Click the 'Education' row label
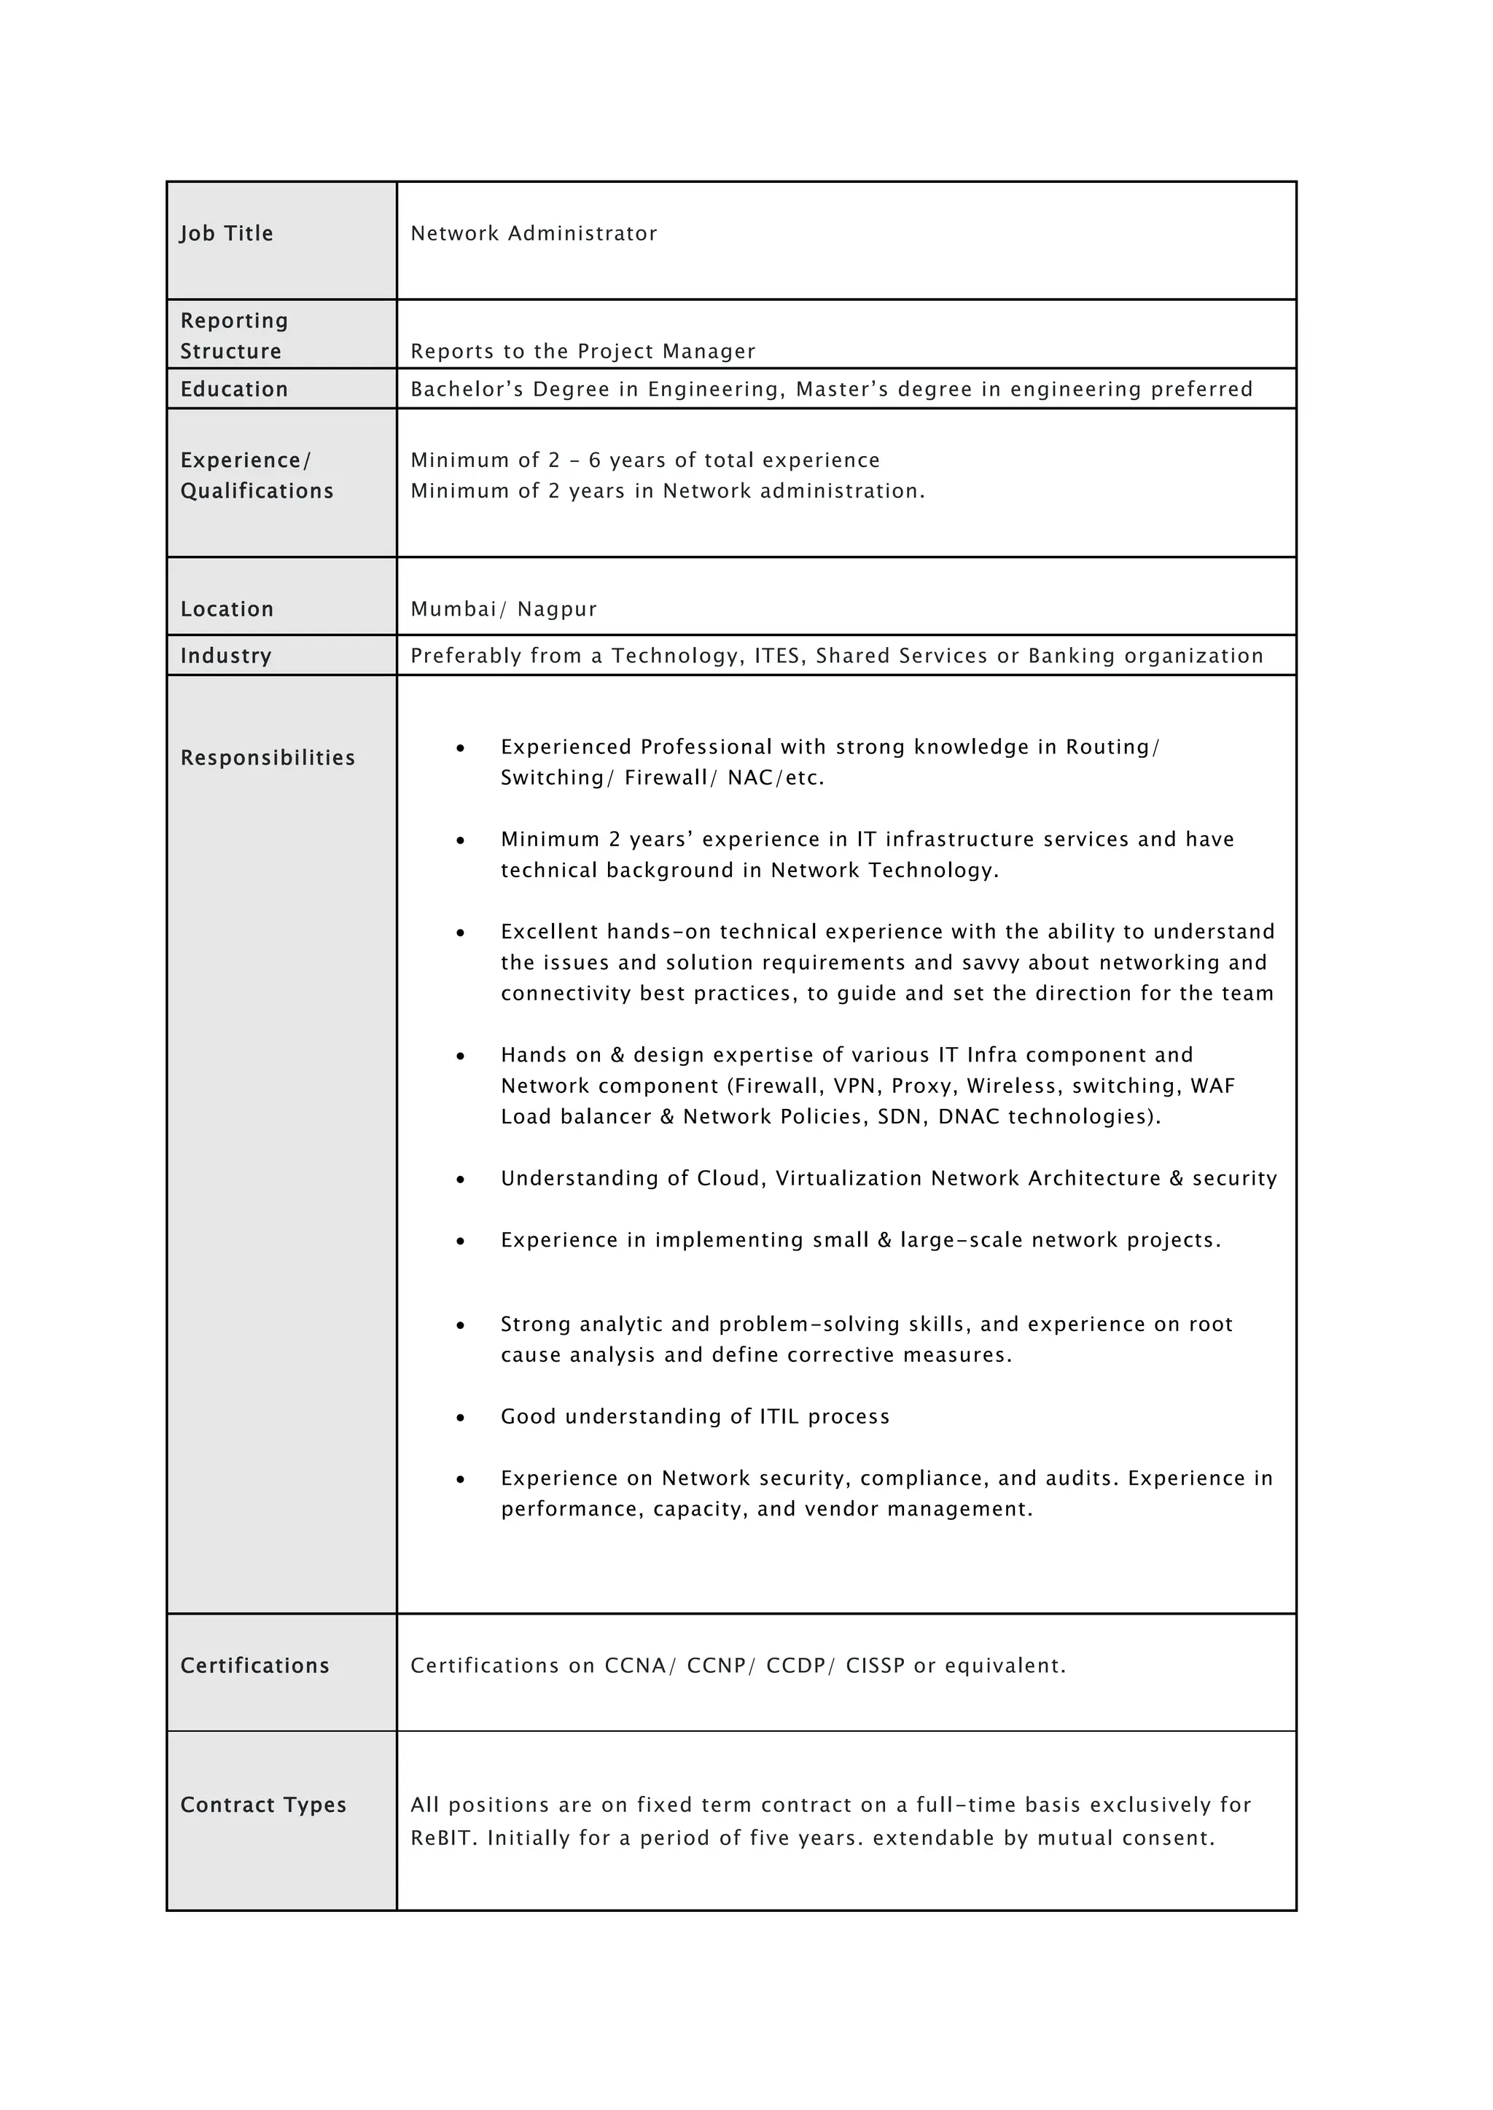233,390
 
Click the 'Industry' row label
225,656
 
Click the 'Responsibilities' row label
267,758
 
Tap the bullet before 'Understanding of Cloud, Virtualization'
461,1180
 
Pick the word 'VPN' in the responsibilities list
854,1086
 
